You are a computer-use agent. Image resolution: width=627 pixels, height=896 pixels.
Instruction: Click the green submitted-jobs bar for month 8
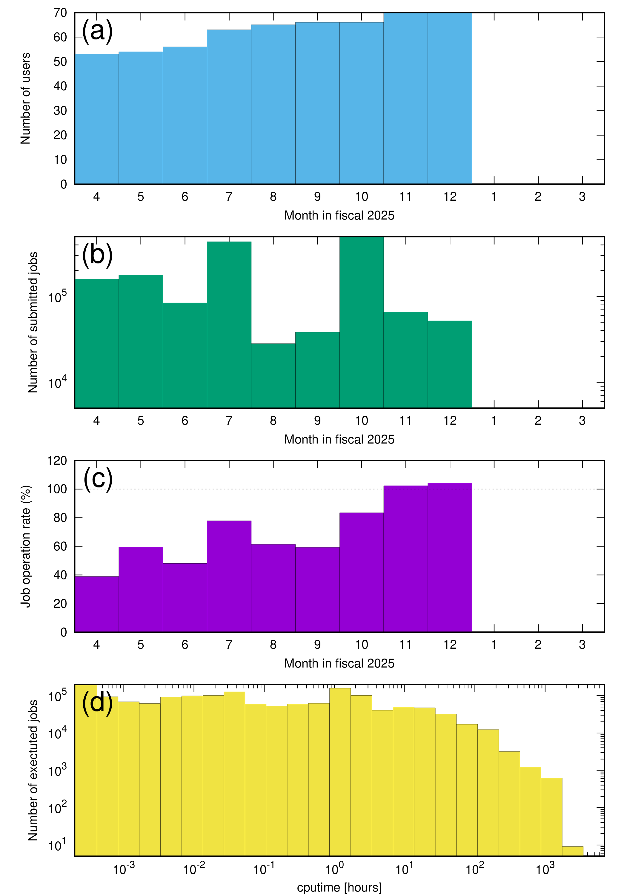(273, 375)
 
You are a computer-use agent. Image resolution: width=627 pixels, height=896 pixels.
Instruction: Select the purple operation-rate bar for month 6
(185, 597)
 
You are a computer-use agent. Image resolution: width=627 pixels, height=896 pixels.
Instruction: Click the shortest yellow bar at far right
(572, 851)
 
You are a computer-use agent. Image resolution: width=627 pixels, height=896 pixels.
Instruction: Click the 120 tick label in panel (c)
(57, 461)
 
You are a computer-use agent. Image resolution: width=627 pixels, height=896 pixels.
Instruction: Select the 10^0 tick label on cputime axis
(334, 869)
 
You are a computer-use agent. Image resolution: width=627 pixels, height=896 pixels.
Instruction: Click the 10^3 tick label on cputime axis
(545, 869)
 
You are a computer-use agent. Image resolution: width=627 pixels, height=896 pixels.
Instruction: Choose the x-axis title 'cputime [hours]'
(339, 887)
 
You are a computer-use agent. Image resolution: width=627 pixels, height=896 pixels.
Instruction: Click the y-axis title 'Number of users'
(25, 98)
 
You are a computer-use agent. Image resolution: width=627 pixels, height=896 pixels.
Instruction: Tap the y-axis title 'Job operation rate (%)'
(25, 546)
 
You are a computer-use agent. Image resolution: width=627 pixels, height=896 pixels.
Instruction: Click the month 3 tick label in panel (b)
(582, 421)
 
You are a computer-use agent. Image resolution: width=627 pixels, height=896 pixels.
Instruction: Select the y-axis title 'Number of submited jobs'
(33, 322)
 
